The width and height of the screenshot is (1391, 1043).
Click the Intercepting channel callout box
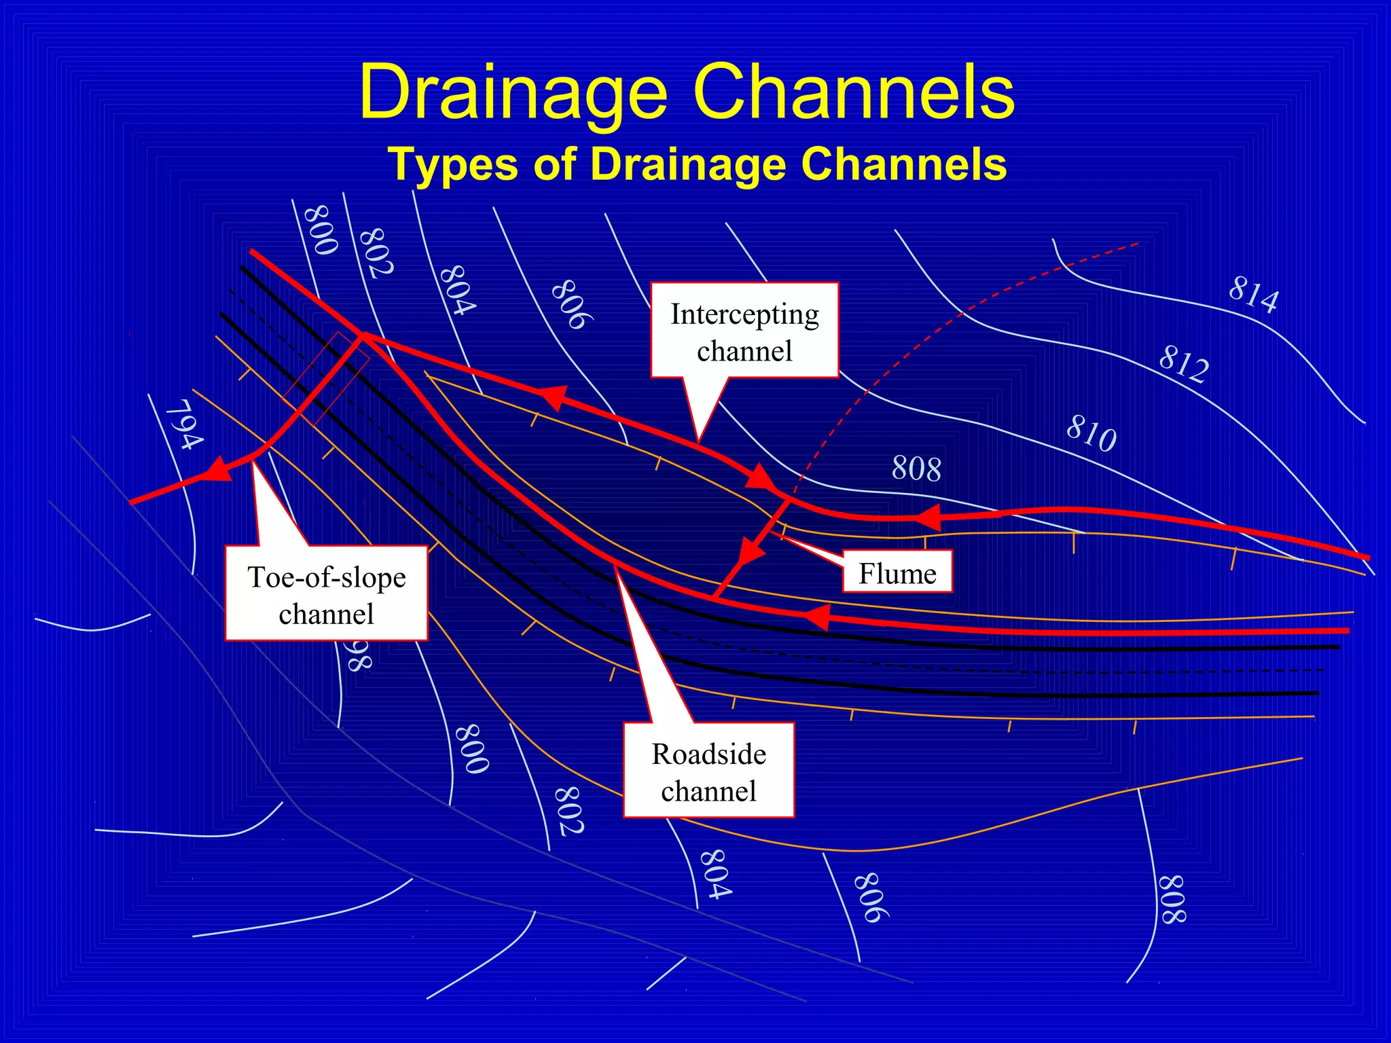[x=744, y=331]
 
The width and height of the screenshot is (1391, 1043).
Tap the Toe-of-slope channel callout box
[x=326, y=594]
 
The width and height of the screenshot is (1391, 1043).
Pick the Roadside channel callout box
[x=708, y=771]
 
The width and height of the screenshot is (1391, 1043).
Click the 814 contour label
[x=1254, y=294]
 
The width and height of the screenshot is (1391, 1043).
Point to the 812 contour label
[x=1184, y=363]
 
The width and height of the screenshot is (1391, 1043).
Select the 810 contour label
[x=1091, y=433]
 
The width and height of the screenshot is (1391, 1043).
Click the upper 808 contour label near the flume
[x=916, y=469]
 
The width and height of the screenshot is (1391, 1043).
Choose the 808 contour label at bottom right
[x=1172, y=899]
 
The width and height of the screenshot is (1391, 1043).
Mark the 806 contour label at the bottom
[x=871, y=897]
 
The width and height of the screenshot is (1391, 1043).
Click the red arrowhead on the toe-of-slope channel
[x=217, y=469]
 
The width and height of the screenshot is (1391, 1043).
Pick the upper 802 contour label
[x=376, y=252]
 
